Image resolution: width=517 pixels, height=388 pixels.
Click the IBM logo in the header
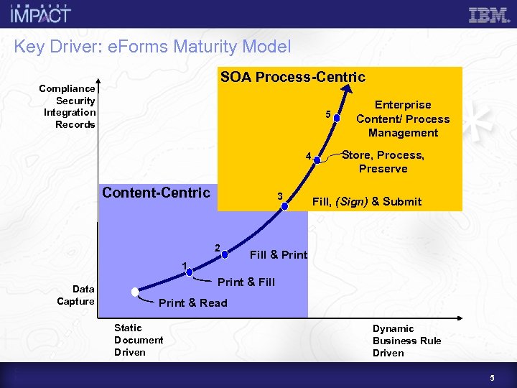(488, 15)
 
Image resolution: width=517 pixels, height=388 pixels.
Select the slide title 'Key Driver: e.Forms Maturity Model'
(152, 47)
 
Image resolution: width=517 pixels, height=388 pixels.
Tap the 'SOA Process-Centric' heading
(292, 77)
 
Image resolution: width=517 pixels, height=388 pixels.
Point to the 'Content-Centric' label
(156, 193)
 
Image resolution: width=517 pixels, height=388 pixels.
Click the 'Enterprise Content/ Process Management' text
(403, 119)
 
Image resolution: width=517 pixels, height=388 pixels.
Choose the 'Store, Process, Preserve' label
(383, 162)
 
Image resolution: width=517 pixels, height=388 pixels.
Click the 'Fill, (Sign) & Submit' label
(366, 202)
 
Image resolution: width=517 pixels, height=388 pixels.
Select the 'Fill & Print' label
(278, 255)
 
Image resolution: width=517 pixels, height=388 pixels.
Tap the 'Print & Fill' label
(246, 282)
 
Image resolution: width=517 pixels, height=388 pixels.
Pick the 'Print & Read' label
(192, 303)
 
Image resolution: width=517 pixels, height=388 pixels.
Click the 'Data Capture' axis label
(75, 295)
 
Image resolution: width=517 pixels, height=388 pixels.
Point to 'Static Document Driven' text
(139, 340)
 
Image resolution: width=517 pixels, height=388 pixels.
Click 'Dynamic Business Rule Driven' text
(406, 341)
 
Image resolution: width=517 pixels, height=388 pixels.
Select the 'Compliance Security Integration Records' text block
(68, 106)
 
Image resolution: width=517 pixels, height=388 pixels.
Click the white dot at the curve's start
(134, 292)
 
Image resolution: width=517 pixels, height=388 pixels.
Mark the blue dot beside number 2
(225, 254)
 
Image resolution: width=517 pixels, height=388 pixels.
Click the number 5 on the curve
(327, 114)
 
